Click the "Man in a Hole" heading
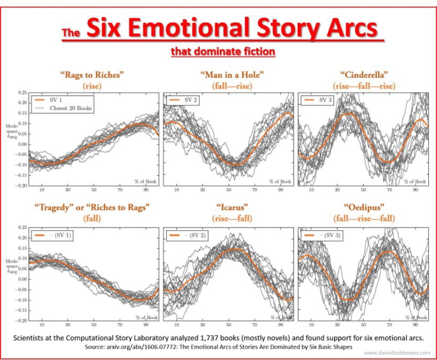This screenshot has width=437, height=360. pyautogui.click(x=228, y=74)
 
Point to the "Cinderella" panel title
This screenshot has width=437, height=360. pyautogui.click(x=363, y=74)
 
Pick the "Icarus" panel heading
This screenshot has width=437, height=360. pyautogui.click(x=228, y=208)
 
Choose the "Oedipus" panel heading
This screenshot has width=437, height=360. pyautogui.click(x=362, y=208)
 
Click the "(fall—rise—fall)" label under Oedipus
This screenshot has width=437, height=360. pyautogui.click(x=362, y=219)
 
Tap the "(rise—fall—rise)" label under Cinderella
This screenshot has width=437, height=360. pyautogui.click(x=363, y=85)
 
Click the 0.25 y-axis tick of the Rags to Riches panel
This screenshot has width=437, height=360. pyautogui.click(x=23, y=93)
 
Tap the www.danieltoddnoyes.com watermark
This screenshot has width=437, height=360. pyautogui.click(x=392, y=352)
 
